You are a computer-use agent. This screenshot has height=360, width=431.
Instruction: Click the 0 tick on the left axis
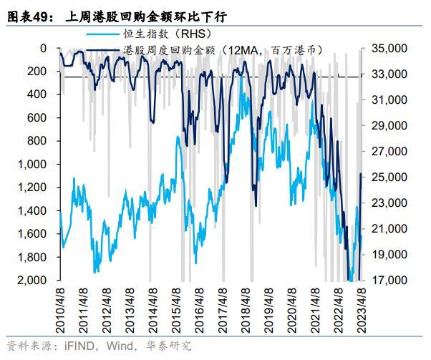[44, 49]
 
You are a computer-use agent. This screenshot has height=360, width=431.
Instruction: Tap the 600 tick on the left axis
[37, 118]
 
